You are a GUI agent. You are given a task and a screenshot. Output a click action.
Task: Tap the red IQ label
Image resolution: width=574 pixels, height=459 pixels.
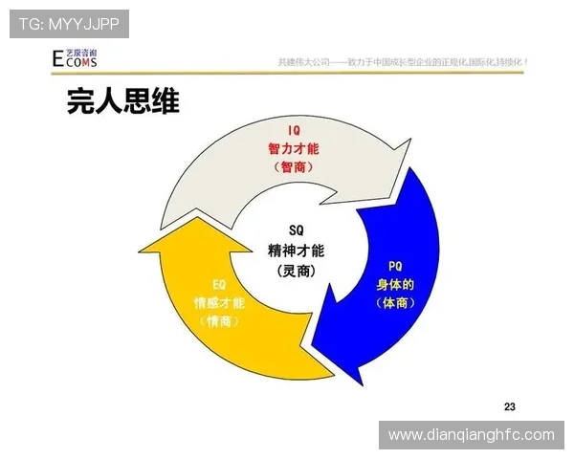pyautogui.click(x=296, y=131)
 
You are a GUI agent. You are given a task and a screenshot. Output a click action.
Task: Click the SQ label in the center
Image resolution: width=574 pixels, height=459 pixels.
pyautogui.click(x=296, y=230)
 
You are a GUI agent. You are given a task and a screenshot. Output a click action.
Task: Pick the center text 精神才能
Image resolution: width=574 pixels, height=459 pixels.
pyautogui.click(x=296, y=251)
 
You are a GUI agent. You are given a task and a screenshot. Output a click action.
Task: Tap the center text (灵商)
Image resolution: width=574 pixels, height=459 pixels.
pyautogui.click(x=296, y=272)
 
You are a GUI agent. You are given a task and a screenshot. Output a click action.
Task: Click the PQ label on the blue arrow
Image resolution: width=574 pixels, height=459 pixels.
pyautogui.click(x=394, y=267)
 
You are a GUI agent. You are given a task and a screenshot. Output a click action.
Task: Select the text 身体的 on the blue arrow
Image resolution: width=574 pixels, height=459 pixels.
pyautogui.click(x=394, y=285)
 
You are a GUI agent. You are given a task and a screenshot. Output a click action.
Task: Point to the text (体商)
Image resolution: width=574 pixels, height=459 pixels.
pyautogui.click(x=394, y=303)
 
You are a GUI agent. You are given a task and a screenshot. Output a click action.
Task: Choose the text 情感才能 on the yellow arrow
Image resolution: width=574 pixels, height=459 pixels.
pyautogui.click(x=219, y=303)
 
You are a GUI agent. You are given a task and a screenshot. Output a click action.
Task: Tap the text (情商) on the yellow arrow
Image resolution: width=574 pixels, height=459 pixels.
pyautogui.click(x=219, y=322)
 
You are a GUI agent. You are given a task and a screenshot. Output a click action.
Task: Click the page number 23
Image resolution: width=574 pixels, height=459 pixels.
pyautogui.click(x=508, y=404)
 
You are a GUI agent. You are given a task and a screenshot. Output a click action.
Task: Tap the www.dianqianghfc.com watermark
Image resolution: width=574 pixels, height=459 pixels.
pyautogui.click(x=471, y=435)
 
